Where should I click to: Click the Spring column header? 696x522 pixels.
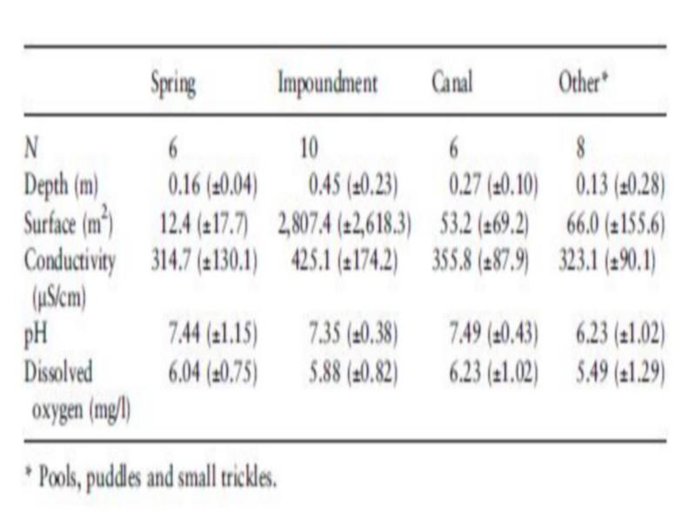pyautogui.click(x=174, y=85)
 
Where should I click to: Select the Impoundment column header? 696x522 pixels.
pyautogui.click(x=328, y=85)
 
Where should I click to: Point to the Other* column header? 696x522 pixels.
pyautogui.click(x=582, y=85)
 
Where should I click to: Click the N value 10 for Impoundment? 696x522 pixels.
pyautogui.click(x=309, y=149)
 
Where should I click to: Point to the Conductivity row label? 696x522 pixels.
pyautogui.click(x=69, y=262)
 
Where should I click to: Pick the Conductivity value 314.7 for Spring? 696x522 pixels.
pyautogui.click(x=202, y=262)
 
